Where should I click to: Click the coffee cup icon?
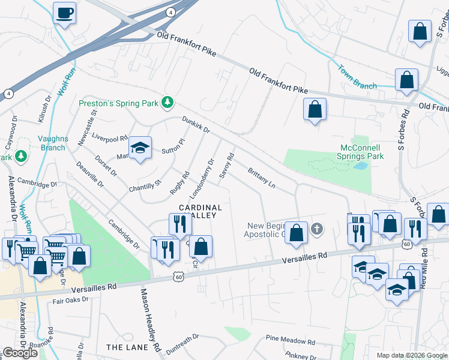pyautogui.click(x=64, y=13)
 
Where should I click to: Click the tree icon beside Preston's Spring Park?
pyautogui.click(x=169, y=103)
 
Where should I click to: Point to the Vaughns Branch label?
pyautogui.click(x=52, y=143)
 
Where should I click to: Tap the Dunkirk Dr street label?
pyautogui.click(x=196, y=125)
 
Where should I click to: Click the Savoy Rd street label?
pyautogui.click(x=226, y=166)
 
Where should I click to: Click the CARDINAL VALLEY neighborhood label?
pyautogui.click(x=200, y=211)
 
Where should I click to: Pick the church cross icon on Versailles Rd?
pyautogui.click(x=317, y=229)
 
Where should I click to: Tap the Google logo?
pyautogui.click(x=20, y=353)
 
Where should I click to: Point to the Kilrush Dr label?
pyautogui.click(x=43, y=108)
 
